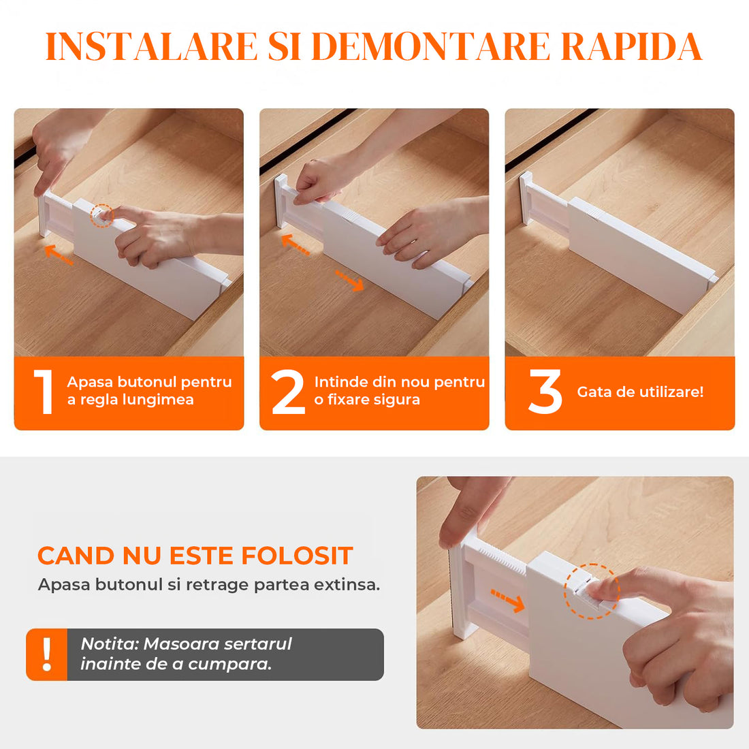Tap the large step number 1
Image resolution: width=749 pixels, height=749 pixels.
(44, 392)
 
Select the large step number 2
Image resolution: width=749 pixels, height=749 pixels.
(288, 392)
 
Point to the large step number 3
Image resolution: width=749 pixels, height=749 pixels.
(545, 392)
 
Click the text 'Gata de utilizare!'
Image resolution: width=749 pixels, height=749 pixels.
(640, 392)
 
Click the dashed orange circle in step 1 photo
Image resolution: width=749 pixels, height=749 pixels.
(101, 215)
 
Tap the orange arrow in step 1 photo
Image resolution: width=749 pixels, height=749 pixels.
(59, 255)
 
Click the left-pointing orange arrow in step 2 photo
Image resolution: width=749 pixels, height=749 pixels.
(295, 244)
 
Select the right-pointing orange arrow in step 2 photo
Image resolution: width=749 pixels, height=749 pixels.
(350, 280)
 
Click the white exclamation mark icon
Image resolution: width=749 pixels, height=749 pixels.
(47, 654)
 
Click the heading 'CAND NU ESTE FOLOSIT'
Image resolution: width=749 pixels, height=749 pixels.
(195, 556)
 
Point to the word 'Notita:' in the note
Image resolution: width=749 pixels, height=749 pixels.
(110, 643)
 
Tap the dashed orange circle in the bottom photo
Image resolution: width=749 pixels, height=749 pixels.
(591, 591)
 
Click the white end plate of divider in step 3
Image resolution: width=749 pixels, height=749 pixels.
(526, 198)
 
